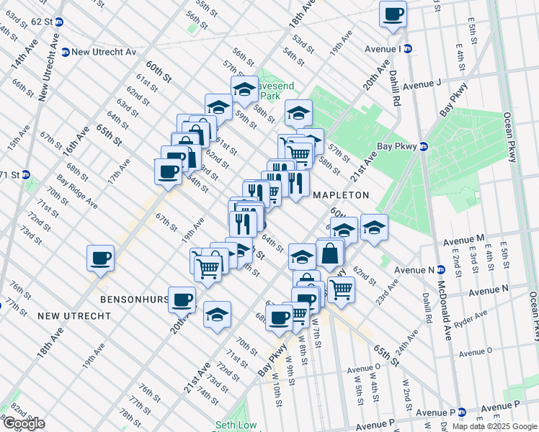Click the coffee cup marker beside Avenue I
[393, 14]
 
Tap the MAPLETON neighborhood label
[341, 195]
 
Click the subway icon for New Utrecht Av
[65, 52]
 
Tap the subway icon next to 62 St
[59, 22]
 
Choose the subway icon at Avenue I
[407, 49]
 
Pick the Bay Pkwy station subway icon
[424, 146]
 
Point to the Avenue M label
[464, 238]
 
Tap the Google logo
[24, 423]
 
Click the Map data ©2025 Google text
[494, 426]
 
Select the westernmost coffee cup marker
[100, 258]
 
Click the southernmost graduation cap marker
[217, 315]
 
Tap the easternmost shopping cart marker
[341, 289]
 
